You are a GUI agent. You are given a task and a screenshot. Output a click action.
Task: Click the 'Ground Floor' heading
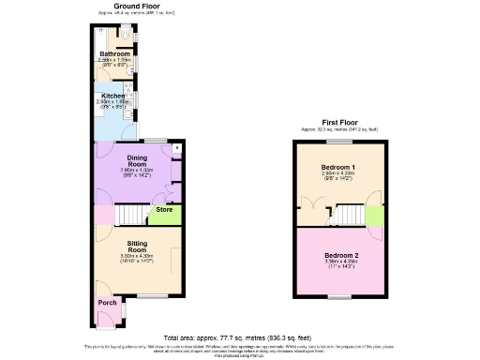(x=135, y=6)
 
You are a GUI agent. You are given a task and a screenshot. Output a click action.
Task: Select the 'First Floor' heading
(x=338, y=122)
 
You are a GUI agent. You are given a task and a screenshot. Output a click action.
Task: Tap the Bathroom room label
(x=115, y=54)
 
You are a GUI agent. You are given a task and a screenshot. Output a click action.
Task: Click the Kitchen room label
(x=114, y=95)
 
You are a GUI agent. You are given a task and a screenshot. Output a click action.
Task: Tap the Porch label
(x=108, y=303)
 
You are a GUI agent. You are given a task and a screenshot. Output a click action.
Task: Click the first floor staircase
(x=348, y=215)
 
